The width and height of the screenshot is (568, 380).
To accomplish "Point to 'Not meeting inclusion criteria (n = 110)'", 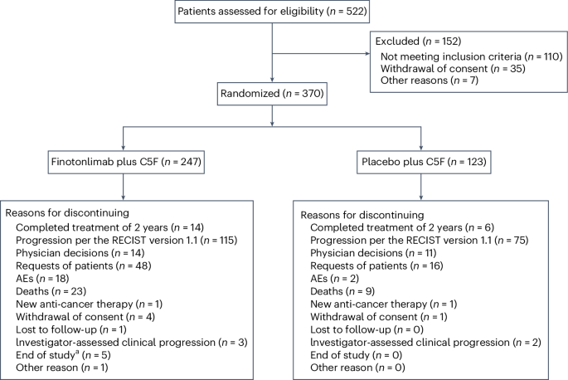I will click(x=471, y=55).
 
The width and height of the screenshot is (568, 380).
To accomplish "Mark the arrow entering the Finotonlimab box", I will click(x=124, y=146).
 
